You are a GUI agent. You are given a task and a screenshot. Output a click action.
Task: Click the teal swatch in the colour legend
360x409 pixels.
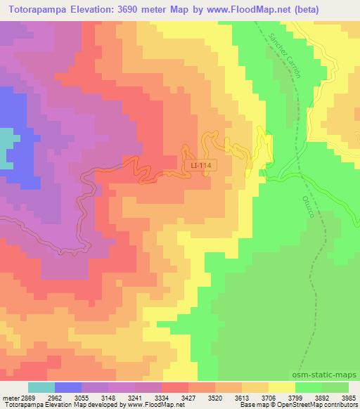click(x=41, y=387)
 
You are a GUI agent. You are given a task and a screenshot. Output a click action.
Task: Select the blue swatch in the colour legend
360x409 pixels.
click(x=68, y=387)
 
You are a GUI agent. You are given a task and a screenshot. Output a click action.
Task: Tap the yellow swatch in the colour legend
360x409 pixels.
click(x=282, y=387)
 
